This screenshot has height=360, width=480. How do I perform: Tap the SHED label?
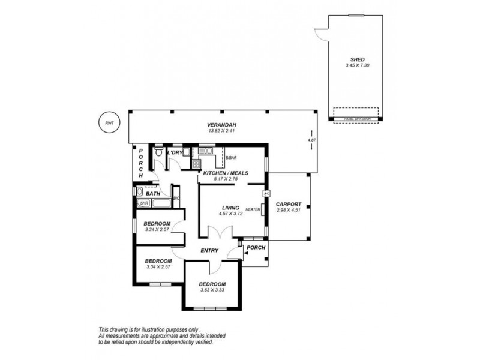click(x=357, y=59)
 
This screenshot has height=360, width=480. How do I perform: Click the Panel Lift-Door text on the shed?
click(x=356, y=119)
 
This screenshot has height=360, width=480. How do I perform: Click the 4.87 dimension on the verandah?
click(x=311, y=140)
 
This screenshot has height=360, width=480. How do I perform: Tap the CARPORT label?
click(x=289, y=204)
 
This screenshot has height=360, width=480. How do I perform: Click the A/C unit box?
click(x=265, y=194)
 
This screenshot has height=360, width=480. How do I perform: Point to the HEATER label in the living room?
click(x=252, y=209)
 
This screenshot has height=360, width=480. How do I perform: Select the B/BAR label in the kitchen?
click(x=231, y=158)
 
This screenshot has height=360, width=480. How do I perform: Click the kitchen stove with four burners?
click(x=196, y=163)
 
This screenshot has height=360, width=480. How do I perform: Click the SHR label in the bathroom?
click(x=143, y=203)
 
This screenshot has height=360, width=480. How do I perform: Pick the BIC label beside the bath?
click(x=176, y=198)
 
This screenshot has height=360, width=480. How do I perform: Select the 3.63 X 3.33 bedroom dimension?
click(x=212, y=290)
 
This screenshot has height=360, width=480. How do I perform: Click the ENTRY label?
click(x=209, y=251)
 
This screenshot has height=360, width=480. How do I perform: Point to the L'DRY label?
click(x=175, y=153)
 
